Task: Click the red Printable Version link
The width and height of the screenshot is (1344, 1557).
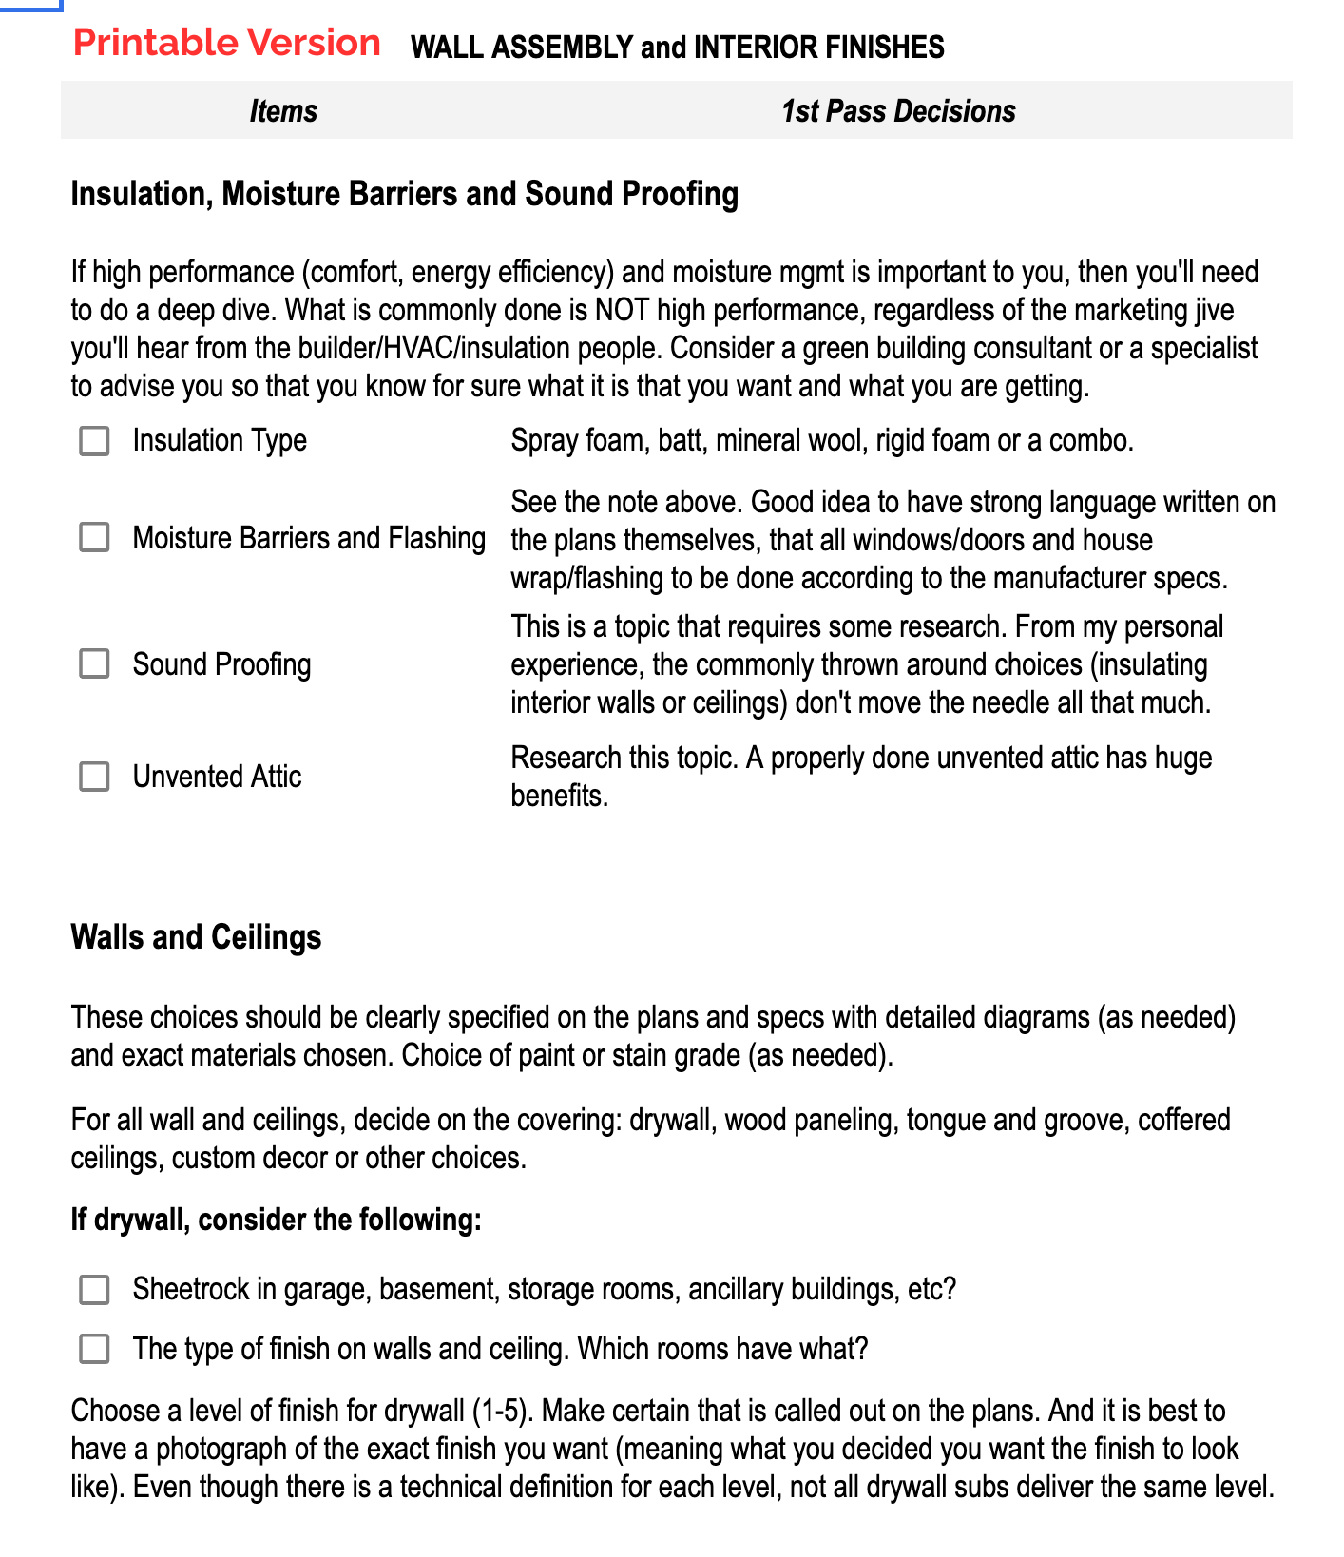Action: tap(226, 44)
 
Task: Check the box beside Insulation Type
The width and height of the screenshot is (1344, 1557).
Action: tap(94, 441)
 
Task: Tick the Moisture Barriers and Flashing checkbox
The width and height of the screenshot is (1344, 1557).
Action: tap(94, 537)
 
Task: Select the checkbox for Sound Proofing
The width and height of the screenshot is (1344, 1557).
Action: tap(94, 663)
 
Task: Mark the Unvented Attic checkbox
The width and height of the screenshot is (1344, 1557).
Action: tap(94, 777)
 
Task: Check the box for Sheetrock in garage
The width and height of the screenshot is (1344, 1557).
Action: tap(94, 1290)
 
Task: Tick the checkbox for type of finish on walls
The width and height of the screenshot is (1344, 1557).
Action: tap(94, 1349)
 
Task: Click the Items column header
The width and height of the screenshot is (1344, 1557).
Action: tap(283, 111)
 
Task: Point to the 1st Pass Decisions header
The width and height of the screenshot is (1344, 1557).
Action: tap(898, 111)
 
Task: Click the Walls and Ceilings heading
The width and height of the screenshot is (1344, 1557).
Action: tap(196, 937)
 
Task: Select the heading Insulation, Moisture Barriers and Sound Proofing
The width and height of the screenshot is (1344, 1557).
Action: tap(404, 194)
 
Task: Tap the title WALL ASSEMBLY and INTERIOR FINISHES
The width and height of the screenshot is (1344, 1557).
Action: tap(677, 47)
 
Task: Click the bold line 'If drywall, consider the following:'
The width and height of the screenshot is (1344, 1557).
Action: tap(276, 1220)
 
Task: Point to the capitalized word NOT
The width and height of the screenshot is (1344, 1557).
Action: tap(622, 311)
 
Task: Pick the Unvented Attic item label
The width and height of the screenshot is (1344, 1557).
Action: tap(217, 777)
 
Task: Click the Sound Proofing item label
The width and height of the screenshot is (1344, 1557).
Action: tap(221, 664)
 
